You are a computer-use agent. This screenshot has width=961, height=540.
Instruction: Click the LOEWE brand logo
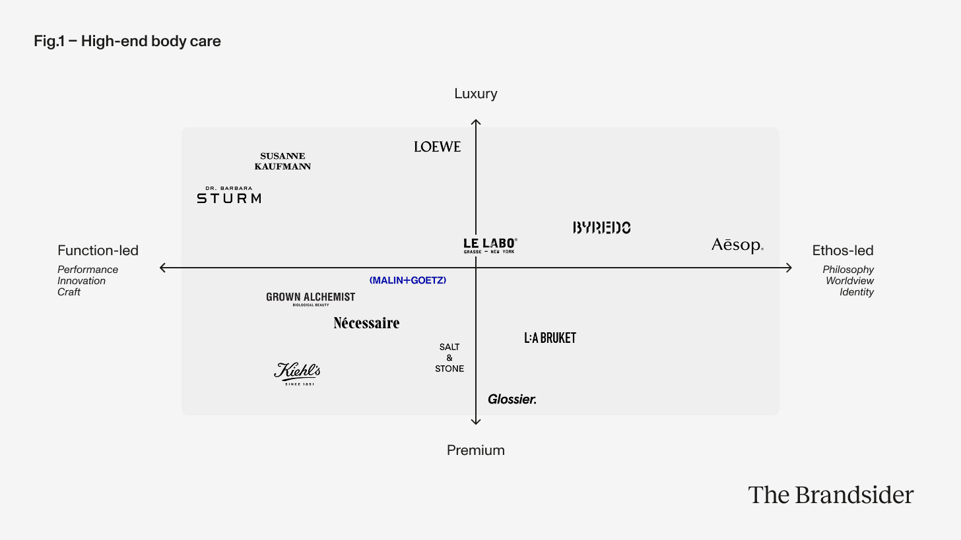coord(437,146)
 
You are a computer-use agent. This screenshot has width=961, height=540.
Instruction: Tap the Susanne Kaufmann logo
coord(282,162)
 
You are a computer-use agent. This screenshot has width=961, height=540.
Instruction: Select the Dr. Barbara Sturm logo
coord(229,195)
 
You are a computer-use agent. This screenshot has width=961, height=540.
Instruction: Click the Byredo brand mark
coord(601,227)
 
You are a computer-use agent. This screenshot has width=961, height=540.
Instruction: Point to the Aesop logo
coord(737,245)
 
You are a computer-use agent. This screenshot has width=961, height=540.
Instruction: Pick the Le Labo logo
coord(490,245)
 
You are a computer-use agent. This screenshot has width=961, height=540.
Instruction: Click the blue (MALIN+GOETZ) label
coord(408,280)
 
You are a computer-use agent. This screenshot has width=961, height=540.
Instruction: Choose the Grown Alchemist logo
coord(310,298)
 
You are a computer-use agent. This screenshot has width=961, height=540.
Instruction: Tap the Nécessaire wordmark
coord(366,323)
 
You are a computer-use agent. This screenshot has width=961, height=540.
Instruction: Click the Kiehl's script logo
coord(298,373)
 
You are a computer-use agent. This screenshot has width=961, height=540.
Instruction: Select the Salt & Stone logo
coord(449,357)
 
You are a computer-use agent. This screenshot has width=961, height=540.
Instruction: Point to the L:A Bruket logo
coord(550,338)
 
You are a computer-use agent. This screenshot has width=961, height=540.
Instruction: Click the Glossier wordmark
coord(512,399)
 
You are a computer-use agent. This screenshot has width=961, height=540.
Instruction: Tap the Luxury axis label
coord(476,94)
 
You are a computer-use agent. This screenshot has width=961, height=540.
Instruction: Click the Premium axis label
coord(476,450)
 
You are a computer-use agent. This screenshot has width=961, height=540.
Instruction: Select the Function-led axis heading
coord(98,251)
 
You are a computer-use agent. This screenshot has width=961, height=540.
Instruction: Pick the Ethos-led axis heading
coord(843,251)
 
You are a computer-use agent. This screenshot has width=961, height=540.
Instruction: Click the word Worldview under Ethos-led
coord(849,281)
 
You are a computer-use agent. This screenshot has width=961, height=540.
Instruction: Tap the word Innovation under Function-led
coord(82,281)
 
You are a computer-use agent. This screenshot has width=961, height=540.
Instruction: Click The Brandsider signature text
coord(830,495)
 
